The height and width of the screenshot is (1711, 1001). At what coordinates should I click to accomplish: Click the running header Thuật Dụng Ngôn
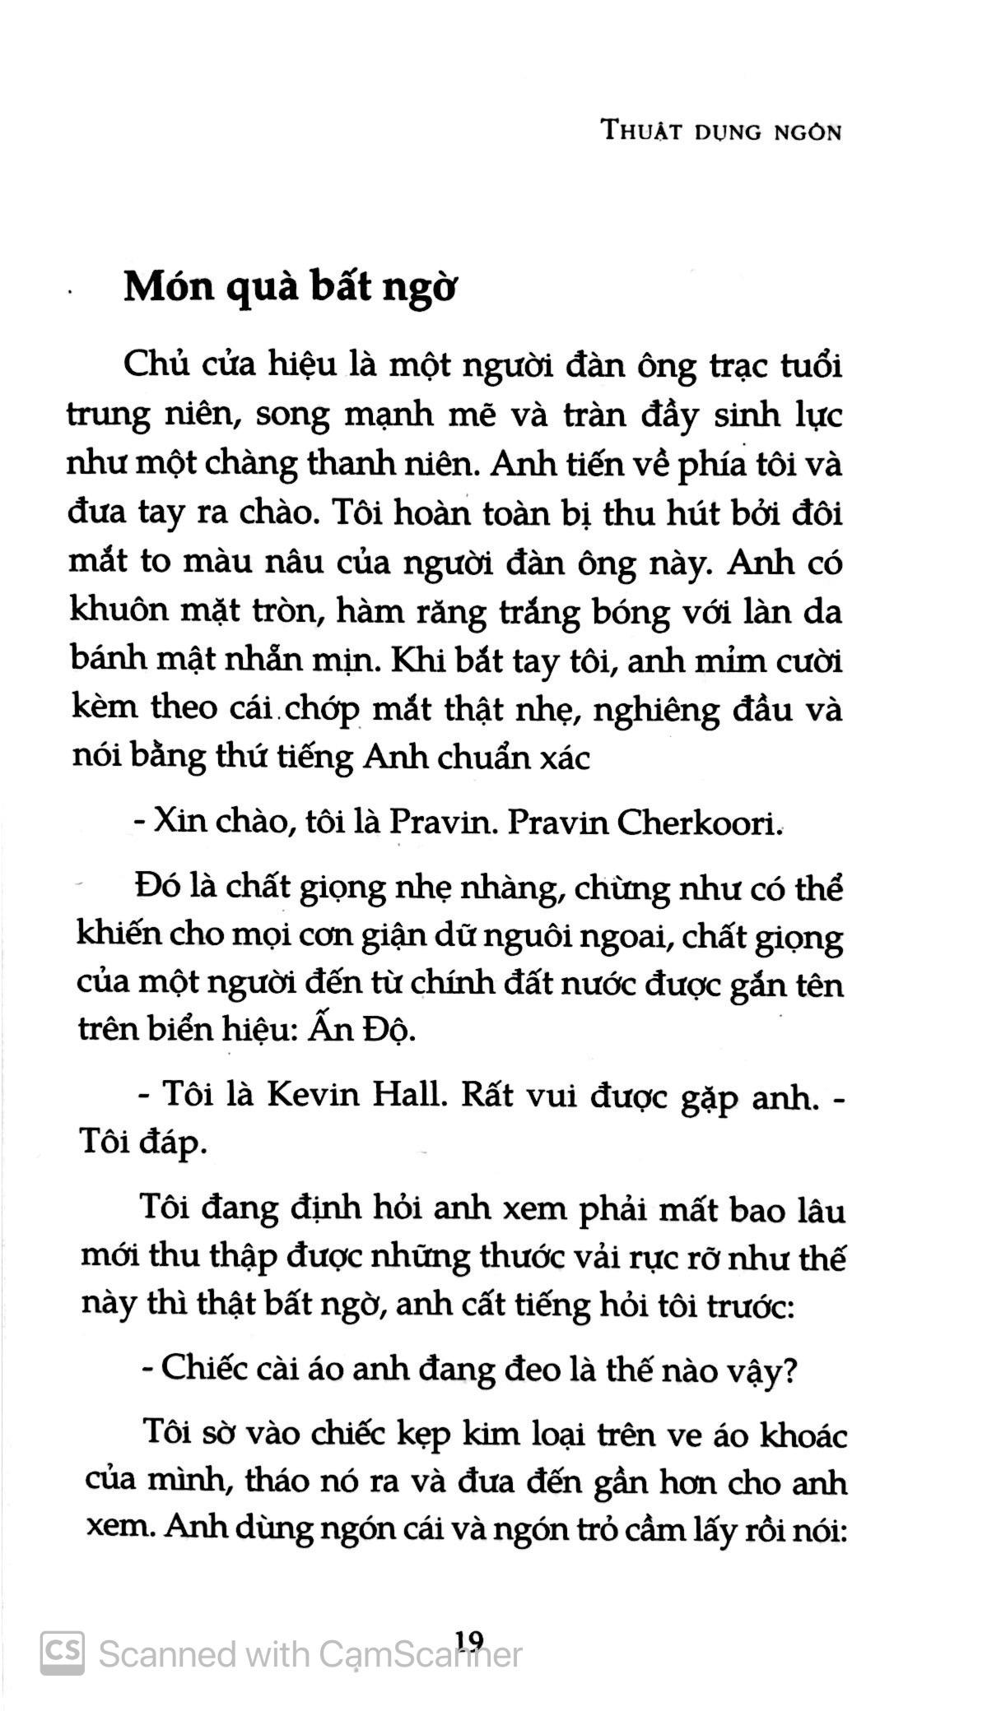point(721,131)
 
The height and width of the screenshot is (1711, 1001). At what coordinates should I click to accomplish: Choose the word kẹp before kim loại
point(423,1439)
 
